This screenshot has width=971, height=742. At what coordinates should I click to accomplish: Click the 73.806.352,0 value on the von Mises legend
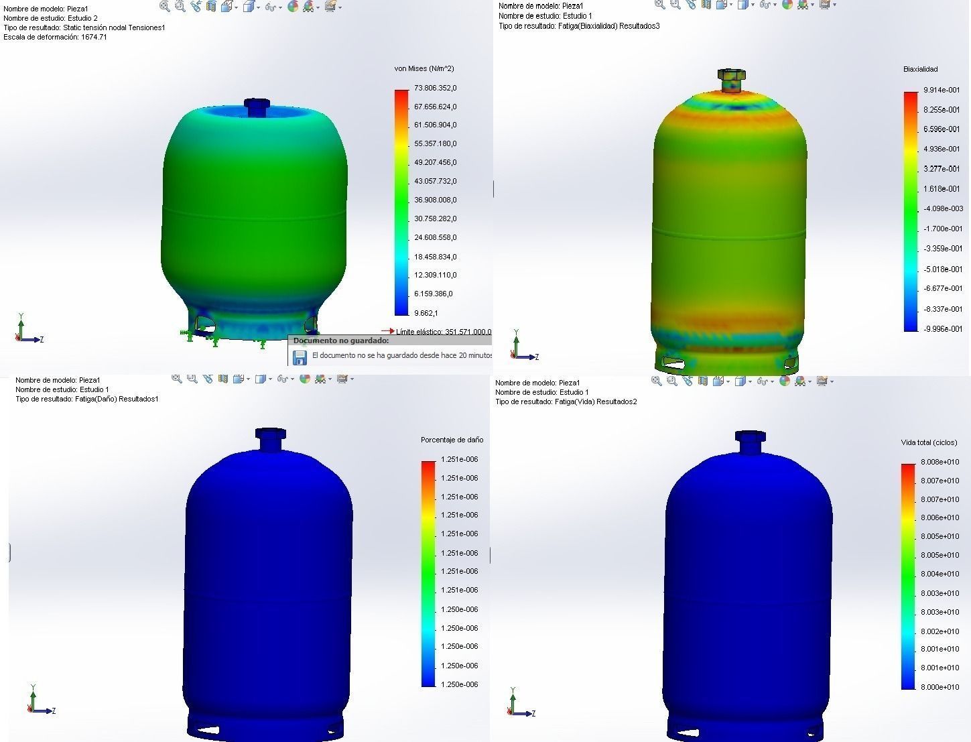[x=435, y=88]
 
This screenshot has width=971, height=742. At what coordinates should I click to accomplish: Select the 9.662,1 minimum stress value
[x=426, y=313]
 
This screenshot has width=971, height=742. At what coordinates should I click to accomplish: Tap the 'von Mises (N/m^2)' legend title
[x=424, y=68]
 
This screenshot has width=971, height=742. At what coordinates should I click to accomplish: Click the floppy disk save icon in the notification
[x=300, y=357]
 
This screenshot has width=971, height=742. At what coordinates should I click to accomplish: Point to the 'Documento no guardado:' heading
[x=340, y=341]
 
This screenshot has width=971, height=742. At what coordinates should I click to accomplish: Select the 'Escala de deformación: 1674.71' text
[x=55, y=37]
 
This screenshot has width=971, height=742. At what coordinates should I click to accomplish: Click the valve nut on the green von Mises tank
[x=256, y=106]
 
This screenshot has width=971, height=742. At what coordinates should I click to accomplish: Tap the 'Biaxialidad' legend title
[x=920, y=69]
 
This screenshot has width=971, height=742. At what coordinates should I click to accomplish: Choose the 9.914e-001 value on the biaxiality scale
[x=942, y=90]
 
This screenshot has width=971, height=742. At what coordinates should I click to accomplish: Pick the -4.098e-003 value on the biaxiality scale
[x=943, y=208]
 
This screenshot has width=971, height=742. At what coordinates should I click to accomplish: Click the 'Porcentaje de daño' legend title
[x=452, y=440]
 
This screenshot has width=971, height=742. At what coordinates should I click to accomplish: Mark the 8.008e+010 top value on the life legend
[x=940, y=462]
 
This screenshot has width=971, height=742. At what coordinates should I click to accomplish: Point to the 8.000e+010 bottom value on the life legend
[x=940, y=686]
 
